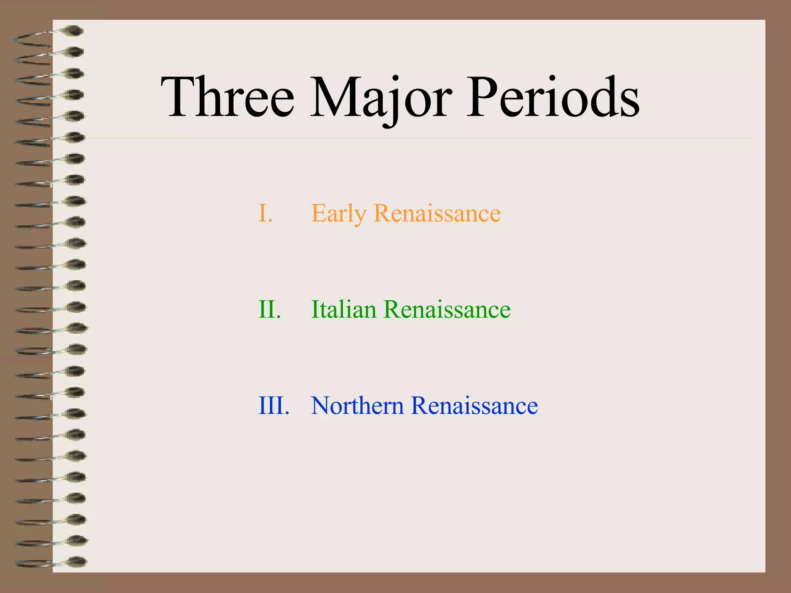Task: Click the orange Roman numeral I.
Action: [x=265, y=213]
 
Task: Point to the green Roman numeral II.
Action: [x=269, y=310]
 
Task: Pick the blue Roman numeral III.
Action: [x=273, y=406]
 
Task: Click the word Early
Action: [x=338, y=213]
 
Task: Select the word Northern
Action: [x=357, y=406]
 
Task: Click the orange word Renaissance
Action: [x=437, y=213]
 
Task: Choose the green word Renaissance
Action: [x=447, y=310]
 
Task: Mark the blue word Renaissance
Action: [x=474, y=406]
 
